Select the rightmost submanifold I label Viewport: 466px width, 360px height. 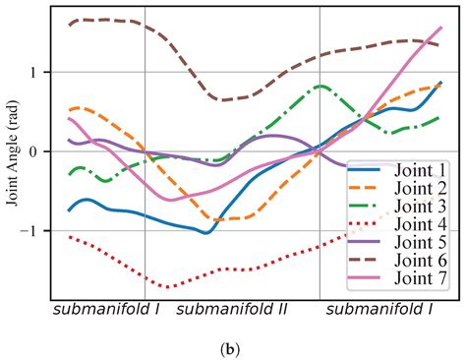click(379, 310)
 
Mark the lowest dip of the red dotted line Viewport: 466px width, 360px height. click(167, 286)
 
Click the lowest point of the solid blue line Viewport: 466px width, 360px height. click(204, 233)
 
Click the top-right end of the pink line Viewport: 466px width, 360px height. click(440, 28)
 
